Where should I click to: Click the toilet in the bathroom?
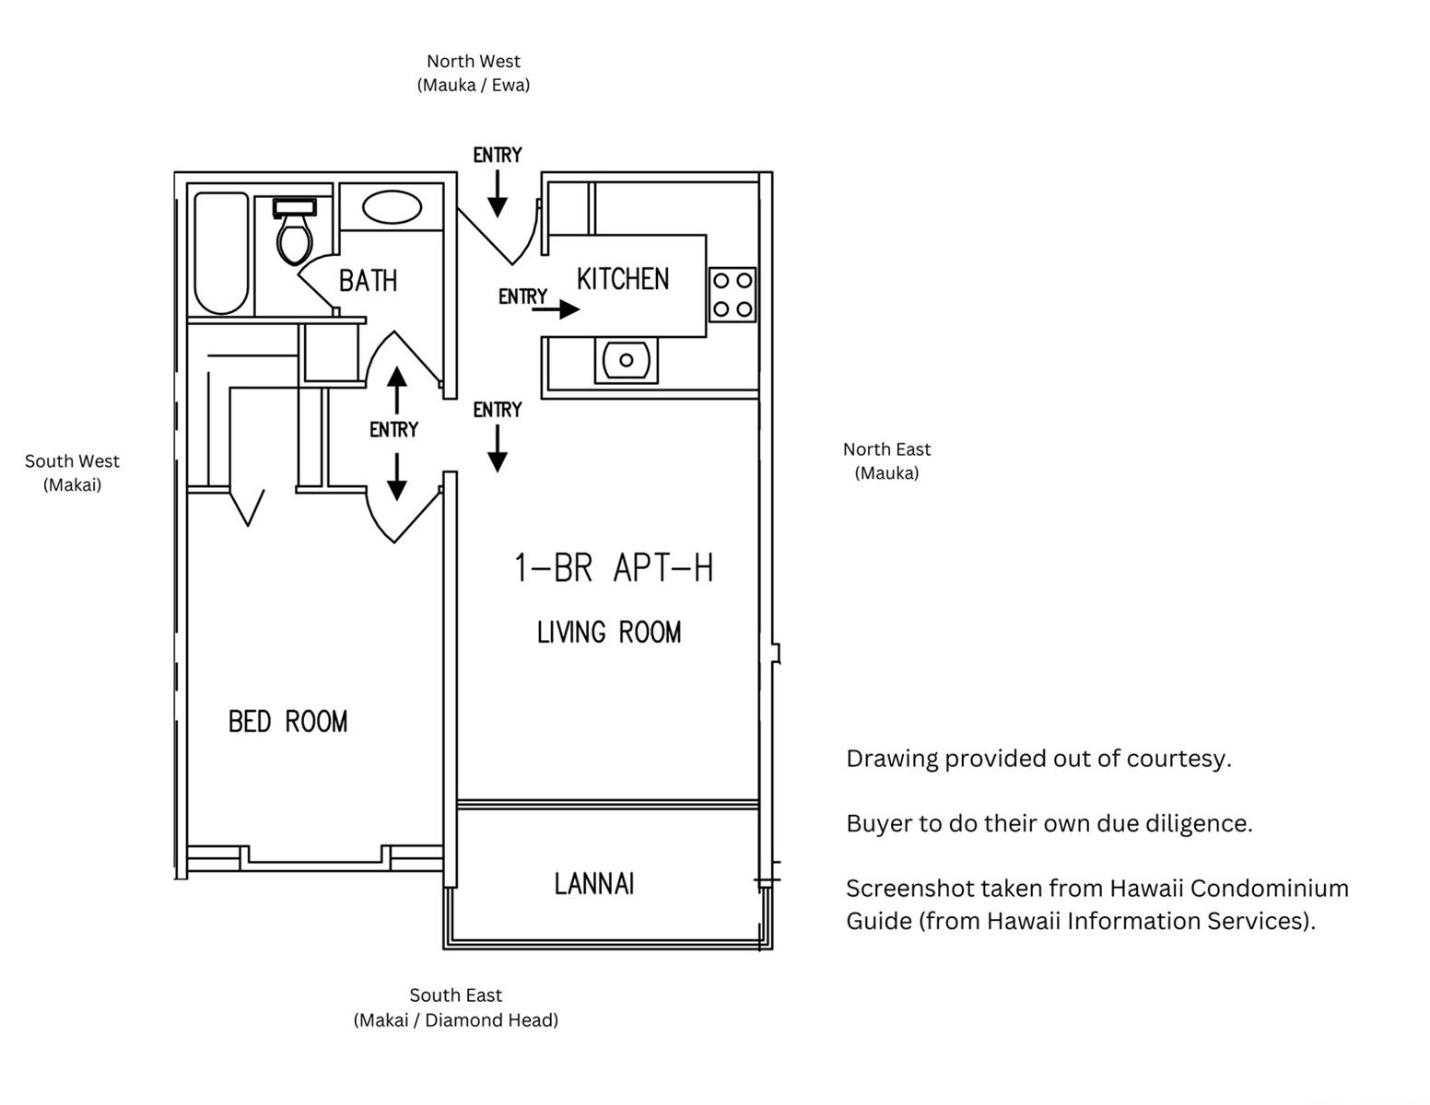click(294, 231)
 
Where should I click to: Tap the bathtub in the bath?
click(221, 253)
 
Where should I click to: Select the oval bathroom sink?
click(392, 207)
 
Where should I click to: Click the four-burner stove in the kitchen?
click(732, 295)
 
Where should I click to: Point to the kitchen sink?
click(626, 359)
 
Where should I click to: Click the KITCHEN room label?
click(623, 279)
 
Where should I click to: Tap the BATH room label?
click(368, 281)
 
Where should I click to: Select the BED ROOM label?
click(287, 721)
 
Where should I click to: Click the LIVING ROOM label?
click(609, 632)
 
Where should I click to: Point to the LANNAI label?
click(594, 883)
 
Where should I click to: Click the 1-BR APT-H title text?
click(614, 567)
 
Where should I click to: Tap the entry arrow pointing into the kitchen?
click(556, 308)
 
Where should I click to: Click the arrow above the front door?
click(497, 194)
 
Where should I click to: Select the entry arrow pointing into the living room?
click(497, 448)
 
